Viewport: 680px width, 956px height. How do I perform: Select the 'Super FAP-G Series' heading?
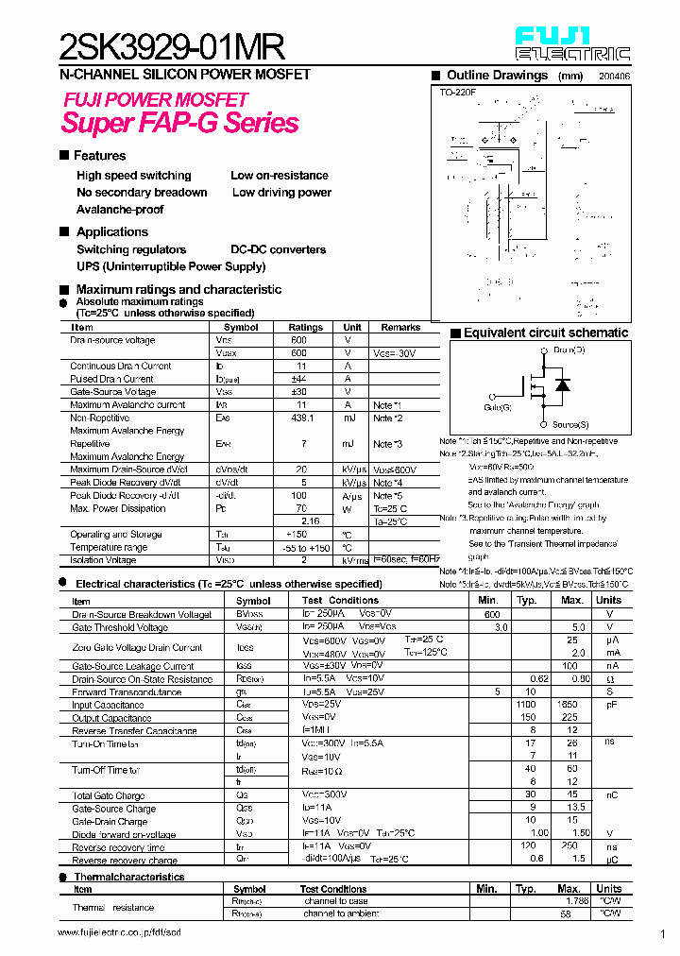[x=179, y=123]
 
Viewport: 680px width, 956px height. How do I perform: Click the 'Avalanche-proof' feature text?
[x=120, y=210]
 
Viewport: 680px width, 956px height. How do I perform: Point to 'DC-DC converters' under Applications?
[x=279, y=250]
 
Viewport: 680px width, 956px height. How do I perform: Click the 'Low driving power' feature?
[x=281, y=193]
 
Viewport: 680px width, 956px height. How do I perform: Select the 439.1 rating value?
[x=298, y=418]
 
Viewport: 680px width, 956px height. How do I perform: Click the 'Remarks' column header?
[x=400, y=328]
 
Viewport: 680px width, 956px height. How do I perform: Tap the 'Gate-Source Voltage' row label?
[x=113, y=392]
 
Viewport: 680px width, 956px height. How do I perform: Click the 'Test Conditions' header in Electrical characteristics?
[x=340, y=601]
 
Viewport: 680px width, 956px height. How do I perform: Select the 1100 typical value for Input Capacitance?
[x=527, y=705]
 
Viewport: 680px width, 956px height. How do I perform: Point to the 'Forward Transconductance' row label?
[x=127, y=692]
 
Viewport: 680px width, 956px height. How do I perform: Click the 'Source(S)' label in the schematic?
[x=570, y=425]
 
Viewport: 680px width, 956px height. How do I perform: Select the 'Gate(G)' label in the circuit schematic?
[x=498, y=407]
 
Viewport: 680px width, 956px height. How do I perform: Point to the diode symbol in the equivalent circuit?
[x=563, y=385]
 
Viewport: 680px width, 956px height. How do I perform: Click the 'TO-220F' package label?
[x=457, y=93]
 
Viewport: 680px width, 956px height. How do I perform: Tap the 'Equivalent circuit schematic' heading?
[x=545, y=333]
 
